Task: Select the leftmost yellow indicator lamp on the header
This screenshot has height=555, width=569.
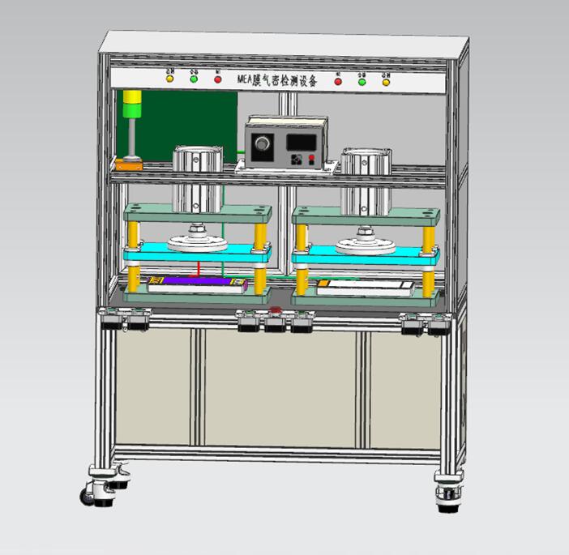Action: pos(169,79)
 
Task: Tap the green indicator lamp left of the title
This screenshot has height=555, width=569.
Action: pos(194,79)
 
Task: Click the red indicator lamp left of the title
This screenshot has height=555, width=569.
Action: pos(218,79)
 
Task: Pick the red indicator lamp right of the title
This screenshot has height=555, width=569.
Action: pos(338,81)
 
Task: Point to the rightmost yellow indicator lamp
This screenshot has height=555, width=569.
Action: pos(386,81)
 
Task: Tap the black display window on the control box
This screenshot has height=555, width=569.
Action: pos(301,142)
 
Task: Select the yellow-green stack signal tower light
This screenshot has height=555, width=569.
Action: pos(131,105)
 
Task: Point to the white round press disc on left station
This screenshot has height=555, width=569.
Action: pos(198,243)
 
